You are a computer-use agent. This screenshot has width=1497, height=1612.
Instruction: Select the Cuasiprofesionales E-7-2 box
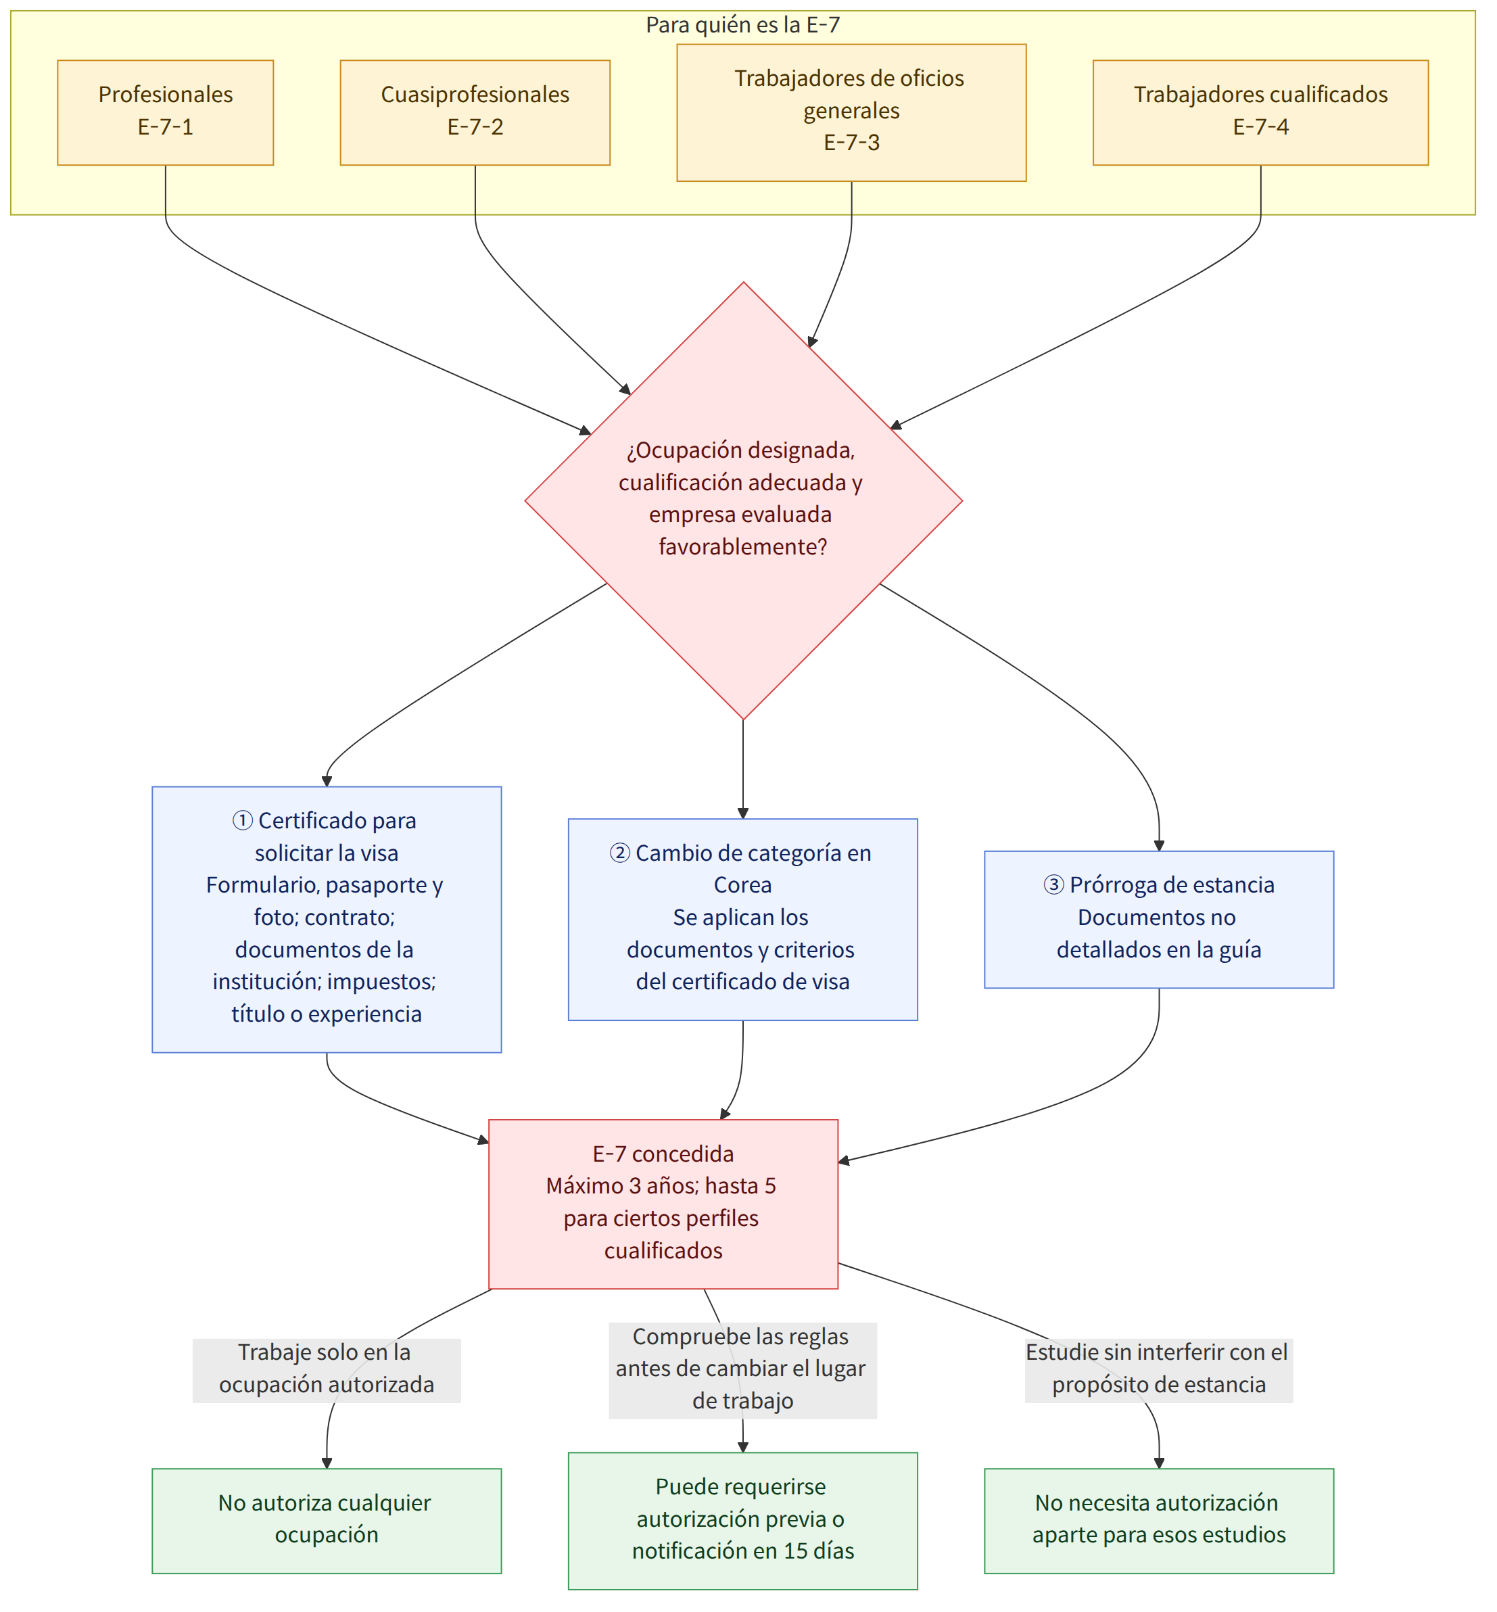pos(475,113)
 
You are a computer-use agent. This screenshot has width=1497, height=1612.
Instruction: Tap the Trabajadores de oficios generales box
pos(851,113)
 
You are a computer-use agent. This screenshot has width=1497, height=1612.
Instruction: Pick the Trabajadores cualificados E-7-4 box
pos(1260,113)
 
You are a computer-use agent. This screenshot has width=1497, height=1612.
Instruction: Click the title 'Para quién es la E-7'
pos(743,25)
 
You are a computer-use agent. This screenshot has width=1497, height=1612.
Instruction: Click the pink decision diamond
pos(744,500)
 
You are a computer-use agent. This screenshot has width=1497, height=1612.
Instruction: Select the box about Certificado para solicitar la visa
pos(327,920)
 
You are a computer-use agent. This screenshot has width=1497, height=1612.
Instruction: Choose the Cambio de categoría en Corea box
pos(743,920)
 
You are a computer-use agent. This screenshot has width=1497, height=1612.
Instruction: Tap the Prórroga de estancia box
pos(1159,920)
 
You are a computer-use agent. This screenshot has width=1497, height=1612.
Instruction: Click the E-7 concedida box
pos(663,1204)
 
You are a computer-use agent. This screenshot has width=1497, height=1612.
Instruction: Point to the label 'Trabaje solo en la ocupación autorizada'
pos(327,1371)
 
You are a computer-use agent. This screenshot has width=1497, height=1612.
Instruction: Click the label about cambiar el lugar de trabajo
pos(743,1371)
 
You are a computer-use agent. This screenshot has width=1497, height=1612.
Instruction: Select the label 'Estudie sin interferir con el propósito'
pos(1159,1371)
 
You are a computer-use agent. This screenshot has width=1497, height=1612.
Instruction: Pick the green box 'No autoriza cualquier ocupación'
pos(327,1521)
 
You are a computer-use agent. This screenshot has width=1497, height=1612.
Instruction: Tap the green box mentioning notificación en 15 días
pos(743,1521)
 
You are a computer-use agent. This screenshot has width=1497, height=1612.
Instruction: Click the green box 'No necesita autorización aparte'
pos(1159,1521)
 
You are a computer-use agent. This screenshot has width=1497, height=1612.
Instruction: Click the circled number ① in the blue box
pos(242,822)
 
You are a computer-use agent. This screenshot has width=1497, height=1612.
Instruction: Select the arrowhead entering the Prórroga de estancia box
pos(1159,846)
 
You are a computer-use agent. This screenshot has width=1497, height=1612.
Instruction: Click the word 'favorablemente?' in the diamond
pos(743,547)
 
